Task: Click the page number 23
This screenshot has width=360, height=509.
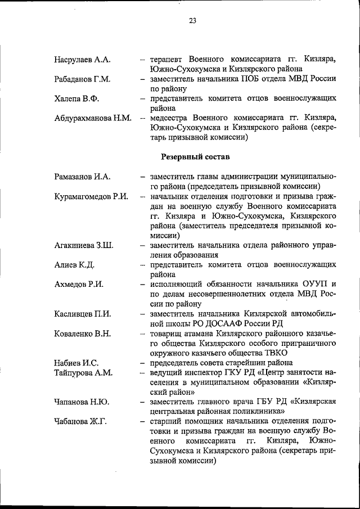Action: (192, 21)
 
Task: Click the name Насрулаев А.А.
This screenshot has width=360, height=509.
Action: (82, 60)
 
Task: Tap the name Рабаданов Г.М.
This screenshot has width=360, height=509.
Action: (82, 79)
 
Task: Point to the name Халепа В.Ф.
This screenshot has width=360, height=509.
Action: (76, 99)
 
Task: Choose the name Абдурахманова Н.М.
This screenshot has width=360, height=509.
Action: (93, 119)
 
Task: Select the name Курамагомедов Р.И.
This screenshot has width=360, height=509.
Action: (92, 196)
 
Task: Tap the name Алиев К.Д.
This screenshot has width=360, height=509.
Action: (74, 265)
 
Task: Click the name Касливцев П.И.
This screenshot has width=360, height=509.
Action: (83, 314)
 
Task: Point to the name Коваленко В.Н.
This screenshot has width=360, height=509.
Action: (82, 334)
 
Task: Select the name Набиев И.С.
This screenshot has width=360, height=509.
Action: (76, 363)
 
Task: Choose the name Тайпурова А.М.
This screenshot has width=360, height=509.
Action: (83, 373)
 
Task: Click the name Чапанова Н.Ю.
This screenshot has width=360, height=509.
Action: (82, 402)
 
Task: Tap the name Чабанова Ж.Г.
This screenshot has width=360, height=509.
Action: (80, 422)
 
